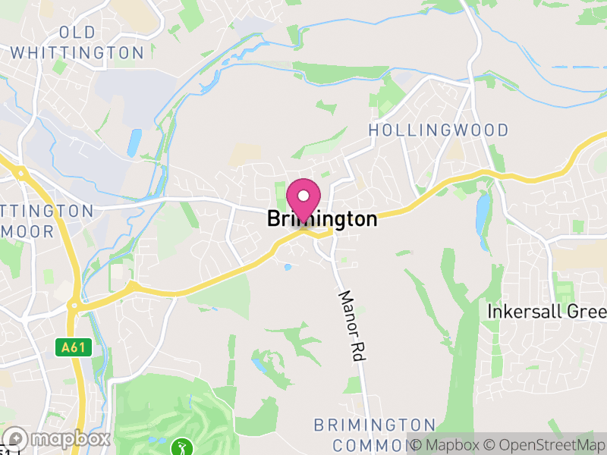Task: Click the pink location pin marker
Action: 303,198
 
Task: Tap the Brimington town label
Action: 322,220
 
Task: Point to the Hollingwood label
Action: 439,130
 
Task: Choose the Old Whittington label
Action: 78,42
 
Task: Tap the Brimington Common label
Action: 375,434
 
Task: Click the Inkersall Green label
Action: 547,312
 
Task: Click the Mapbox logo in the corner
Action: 57,439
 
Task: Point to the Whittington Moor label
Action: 46,220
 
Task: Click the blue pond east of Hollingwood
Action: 483,212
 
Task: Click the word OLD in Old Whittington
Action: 78,32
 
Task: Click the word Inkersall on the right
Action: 523,312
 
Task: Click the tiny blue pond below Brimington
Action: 287,267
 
